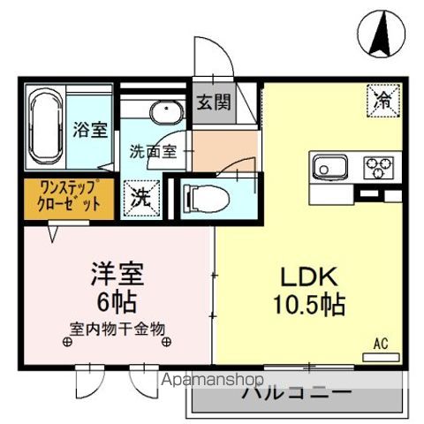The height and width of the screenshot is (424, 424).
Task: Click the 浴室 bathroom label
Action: (90, 130)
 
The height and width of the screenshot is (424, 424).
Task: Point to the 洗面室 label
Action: (155, 150)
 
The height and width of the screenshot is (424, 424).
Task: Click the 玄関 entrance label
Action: (213, 101)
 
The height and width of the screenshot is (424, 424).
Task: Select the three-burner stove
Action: (379, 165)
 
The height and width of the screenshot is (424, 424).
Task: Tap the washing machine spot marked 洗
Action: (140, 197)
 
